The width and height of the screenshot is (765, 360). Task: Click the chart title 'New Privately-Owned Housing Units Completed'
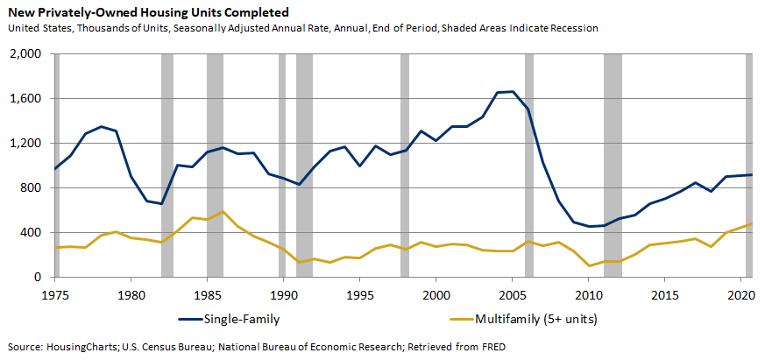(148, 12)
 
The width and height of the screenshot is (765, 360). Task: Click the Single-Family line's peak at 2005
(513, 92)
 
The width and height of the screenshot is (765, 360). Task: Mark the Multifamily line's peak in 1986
(223, 211)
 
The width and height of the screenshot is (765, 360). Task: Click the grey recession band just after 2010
(613, 166)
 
